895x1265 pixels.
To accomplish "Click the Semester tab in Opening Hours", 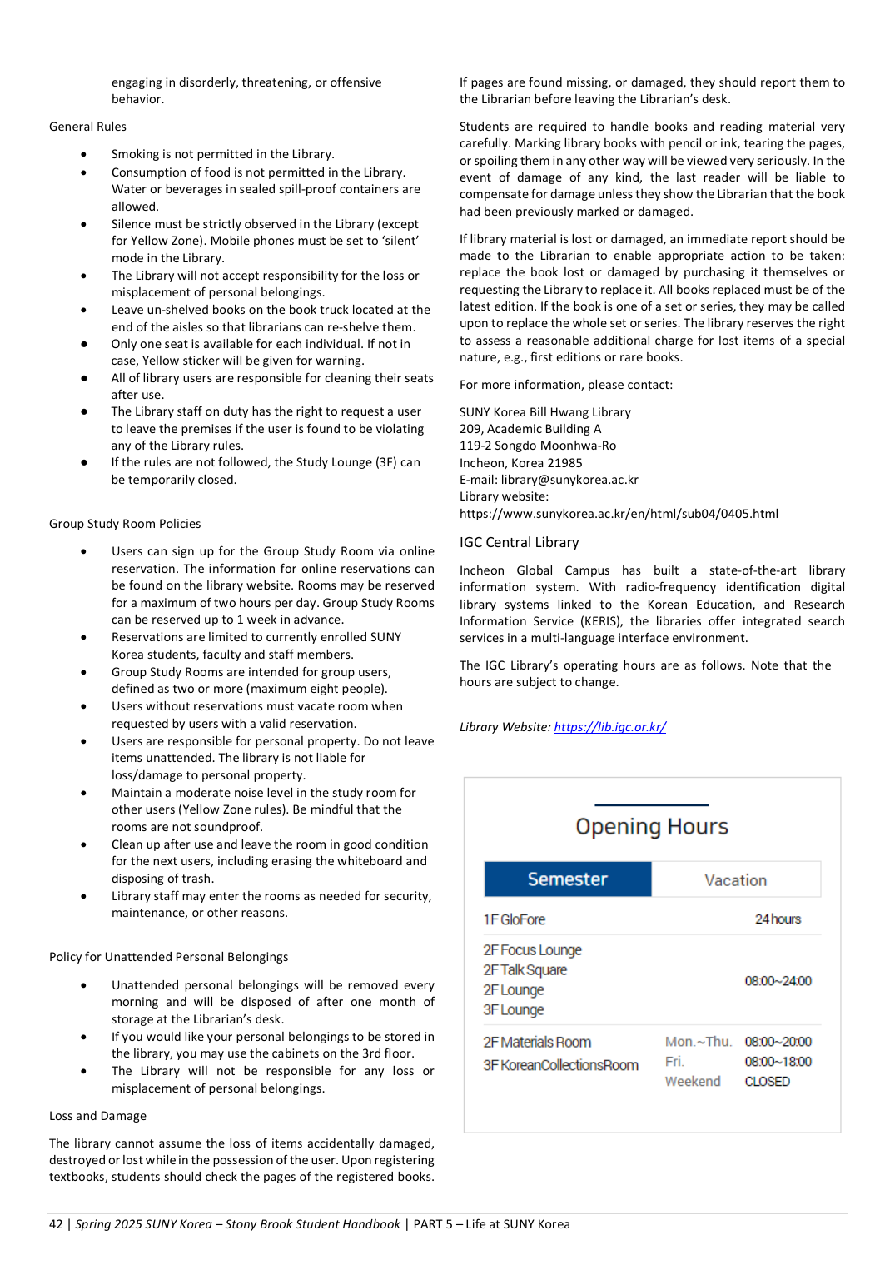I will pyautogui.click(x=567, y=879).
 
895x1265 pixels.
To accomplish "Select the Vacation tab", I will pyautogui.click(x=735, y=880).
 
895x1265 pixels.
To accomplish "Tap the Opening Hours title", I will pyautogui.click(x=652, y=827).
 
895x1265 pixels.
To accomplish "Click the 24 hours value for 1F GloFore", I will pyautogui.click(x=778, y=919).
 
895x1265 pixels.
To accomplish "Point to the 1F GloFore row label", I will pyautogui.click(x=515, y=919).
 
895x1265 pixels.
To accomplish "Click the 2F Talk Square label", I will pyautogui.click(x=525, y=970).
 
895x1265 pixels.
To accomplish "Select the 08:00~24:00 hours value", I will pyautogui.click(x=778, y=981).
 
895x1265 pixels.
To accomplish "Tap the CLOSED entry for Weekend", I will pyautogui.click(x=767, y=1082).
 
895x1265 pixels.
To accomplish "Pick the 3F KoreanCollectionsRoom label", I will pyautogui.click(x=560, y=1065).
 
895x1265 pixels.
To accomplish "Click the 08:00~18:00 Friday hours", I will pyautogui.click(x=778, y=1062).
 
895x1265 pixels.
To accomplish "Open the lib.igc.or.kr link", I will pyautogui.click(x=609, y=727).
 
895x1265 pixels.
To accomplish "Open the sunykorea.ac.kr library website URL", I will pyautogui.click(x=619, y=514).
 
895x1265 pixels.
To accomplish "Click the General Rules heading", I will pyautogui.click(x=87, y=127).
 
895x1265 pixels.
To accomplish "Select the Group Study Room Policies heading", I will pyautogui.click(x=125, y=524).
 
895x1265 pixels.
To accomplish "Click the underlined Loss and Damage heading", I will pyautogui.click(x=97, y=1116).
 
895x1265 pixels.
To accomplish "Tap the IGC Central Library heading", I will pyautogui.click(x=519, y=543).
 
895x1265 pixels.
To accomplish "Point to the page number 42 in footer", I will pyautogui.click(x=56, y=1224).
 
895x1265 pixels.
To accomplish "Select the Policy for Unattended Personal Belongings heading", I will pyautogui.click(x=168, y=957).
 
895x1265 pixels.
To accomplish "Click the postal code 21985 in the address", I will pyautogui.click(x=565, y=463).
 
